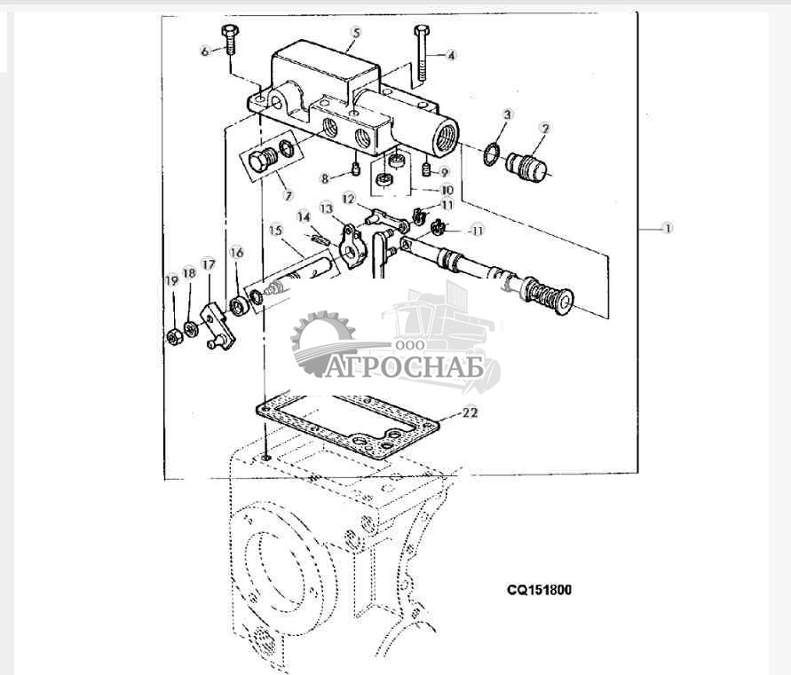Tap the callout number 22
[x=470, y=412]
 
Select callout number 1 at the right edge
[x=667, y=228]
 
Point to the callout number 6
[x=205, y=51]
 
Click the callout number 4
[x=451, y=55]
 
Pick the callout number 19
[x=172, y=281]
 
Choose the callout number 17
[x=209, y=263]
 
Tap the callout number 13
[x=326, y=208]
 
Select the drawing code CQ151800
[x=539, y=588]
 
